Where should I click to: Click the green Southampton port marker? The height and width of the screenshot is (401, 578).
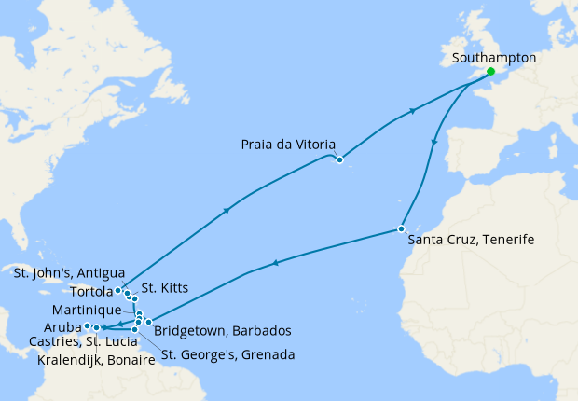click(490, 70)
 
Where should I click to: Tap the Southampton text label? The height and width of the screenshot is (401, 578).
click(493, 58)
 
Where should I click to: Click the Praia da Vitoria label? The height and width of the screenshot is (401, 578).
click(284, 145)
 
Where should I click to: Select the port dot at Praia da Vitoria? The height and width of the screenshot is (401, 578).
click(340, 160)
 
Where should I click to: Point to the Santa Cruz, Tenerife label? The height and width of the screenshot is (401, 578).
click(472, 240)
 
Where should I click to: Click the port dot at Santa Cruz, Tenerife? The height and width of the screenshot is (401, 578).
click(401, 228)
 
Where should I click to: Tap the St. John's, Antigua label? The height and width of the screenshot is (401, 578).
click(69, 272)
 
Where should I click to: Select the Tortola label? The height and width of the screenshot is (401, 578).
click(91, 291)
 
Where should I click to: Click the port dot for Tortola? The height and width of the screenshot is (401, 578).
click(117, 291)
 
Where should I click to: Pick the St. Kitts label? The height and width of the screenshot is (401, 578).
click(165, 289)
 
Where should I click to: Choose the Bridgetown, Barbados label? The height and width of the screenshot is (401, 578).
click(224, 330)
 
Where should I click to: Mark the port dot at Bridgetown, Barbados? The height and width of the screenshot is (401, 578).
click(148, 322)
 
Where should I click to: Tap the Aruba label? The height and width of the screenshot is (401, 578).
click(62, 326)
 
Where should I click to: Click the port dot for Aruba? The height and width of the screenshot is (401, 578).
click(87, 326)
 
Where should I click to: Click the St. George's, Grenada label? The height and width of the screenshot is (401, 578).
click(228, 354)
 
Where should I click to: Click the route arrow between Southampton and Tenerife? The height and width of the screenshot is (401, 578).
click(433, 142)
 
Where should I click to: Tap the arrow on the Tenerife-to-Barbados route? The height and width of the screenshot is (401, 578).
click(275, 264)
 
